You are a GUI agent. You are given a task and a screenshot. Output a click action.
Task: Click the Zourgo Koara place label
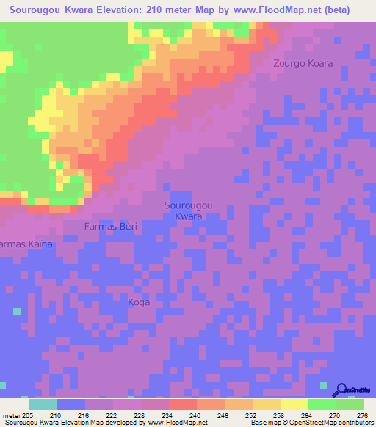tap(303, 63)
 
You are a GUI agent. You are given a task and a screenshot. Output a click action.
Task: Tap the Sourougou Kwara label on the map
tap(189, 211)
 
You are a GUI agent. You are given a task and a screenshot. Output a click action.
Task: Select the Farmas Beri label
tap(112, 226)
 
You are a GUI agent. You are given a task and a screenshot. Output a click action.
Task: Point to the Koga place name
tap(140, 302)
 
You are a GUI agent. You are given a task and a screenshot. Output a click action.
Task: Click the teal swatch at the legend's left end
tap(43, 404)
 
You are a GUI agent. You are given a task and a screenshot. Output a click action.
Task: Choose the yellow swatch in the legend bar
tap(294, 404)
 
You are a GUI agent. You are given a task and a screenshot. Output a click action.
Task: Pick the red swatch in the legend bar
tap(182, 404)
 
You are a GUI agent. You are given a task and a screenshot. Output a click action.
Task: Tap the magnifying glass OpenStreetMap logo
tap(341, 390)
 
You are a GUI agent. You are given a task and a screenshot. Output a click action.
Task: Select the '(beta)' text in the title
tap(335, 10)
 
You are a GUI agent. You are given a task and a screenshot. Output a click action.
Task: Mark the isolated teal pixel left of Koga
tap(15, 311)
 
